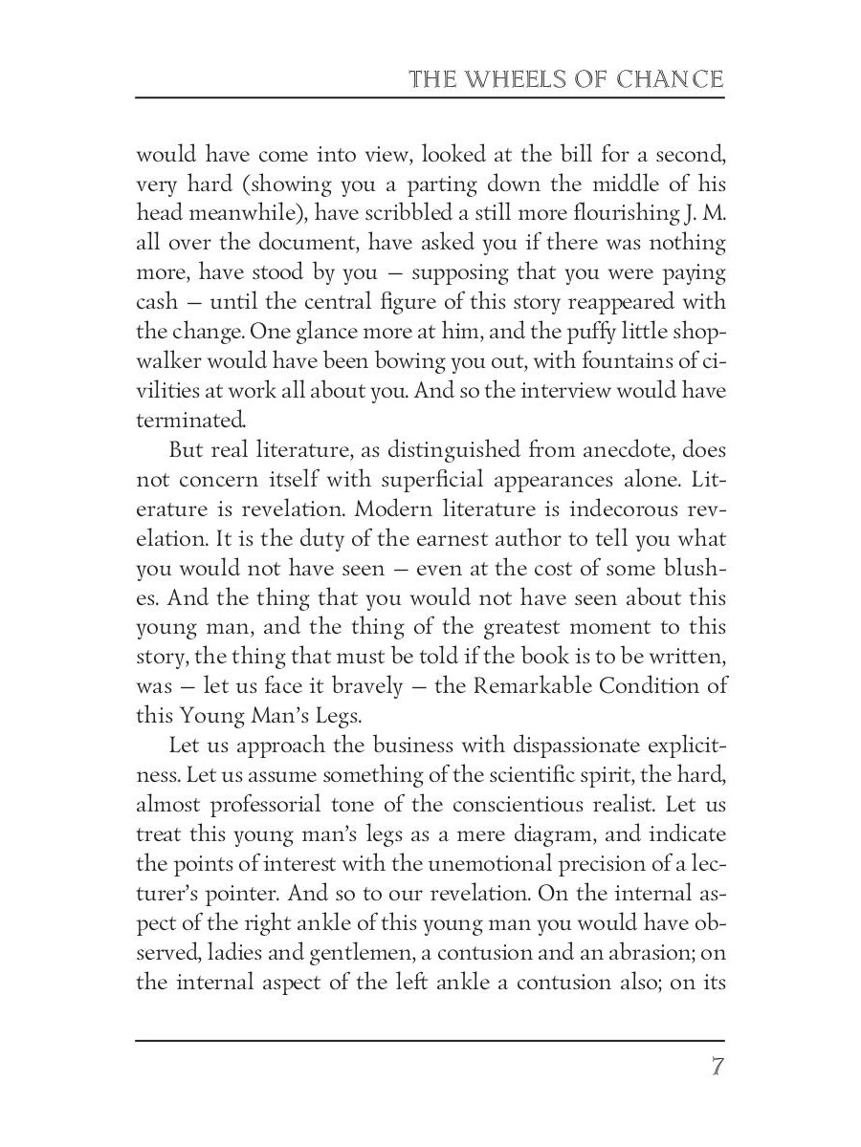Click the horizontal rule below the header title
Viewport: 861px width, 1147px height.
pos(430,97)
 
